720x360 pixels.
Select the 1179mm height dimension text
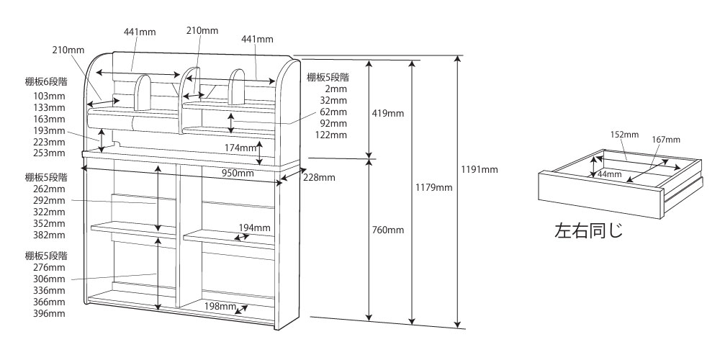(x=435, y=187)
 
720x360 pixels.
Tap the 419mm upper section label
(x=390, y=113)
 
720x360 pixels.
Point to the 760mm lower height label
(x=390, y=230)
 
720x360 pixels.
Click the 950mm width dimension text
(x=237, y=174)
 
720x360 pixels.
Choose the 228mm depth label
(x=318, y=177)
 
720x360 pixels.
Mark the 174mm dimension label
(x=240, y=148)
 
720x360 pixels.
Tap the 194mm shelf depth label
(x=256, y=228)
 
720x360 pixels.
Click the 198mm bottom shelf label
(x=220, y=307)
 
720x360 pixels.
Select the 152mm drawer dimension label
(x=625, y=135)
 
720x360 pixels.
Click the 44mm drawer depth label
(x=609, y=174)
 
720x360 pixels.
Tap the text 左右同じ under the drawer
(x=588, y=232)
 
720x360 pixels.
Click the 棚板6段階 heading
(x=45, y=82)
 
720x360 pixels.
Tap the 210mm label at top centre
(x=202, y=30)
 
